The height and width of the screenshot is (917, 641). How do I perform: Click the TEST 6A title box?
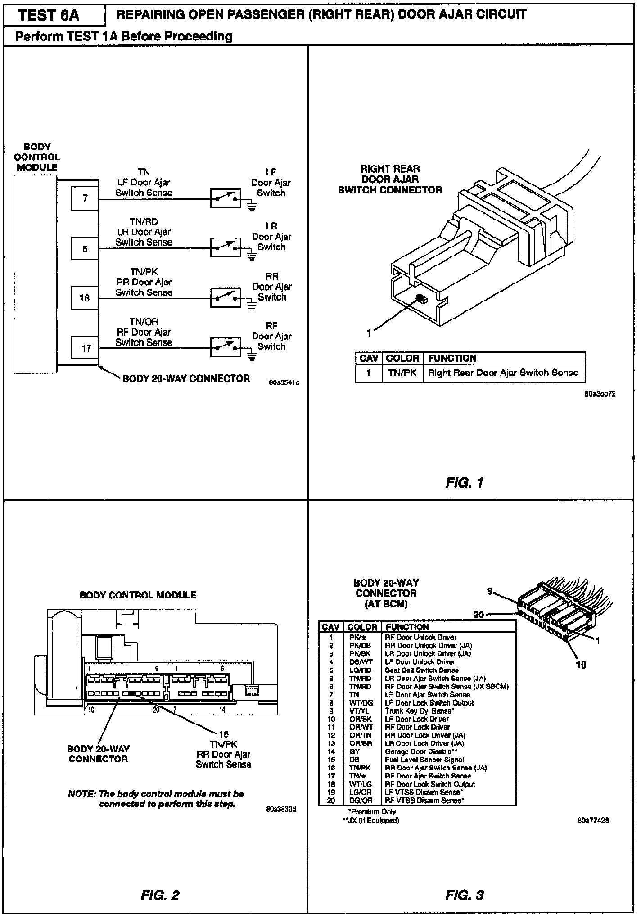(x=50, y=16)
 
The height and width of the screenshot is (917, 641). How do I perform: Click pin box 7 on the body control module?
(x=85, y=198)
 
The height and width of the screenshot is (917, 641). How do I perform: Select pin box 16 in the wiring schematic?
(x=85, y=298)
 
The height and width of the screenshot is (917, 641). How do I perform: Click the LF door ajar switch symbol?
(x=226, y=198)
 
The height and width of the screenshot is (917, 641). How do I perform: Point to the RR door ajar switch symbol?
(x=226, y=297)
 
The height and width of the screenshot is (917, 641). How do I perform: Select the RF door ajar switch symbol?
(x=226, y=347)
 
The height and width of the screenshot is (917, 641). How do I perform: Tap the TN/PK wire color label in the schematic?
(x=144, y=272)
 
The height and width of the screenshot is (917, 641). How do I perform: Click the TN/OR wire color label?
(x=144, y=322)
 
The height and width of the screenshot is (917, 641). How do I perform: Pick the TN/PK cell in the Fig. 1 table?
(x=402, y=373)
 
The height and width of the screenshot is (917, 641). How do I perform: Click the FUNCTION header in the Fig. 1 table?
(x=452, y=359)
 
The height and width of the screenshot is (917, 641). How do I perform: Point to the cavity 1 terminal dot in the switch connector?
(x=420, y=299)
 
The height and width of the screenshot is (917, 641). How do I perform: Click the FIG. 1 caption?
(x=464, y=483)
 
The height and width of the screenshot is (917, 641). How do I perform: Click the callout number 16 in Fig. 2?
(x=223, y=734)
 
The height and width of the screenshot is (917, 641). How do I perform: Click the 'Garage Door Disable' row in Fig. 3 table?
(x=418, y=751)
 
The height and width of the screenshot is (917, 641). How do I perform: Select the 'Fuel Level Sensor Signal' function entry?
(x=424, y=760)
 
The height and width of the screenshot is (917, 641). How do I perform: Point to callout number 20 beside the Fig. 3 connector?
(x=478, y=615)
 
